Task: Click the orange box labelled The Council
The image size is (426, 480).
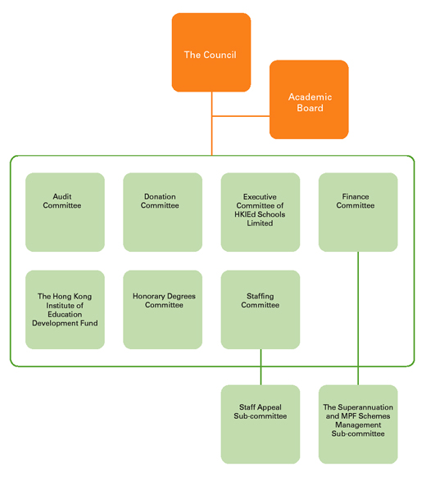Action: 211,52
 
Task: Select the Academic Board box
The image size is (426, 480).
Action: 309,100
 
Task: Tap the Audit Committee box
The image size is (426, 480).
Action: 65,212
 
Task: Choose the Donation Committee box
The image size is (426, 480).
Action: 162,212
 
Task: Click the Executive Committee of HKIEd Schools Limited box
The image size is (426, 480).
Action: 261,212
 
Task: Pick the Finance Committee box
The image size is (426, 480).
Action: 358,212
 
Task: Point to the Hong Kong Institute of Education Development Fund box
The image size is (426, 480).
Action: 65,309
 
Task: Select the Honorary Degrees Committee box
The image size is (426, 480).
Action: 162,309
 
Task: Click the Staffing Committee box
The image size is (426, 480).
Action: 261,309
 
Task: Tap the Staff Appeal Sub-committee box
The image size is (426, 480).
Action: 261,424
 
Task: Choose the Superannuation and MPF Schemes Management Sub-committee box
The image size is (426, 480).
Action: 358,424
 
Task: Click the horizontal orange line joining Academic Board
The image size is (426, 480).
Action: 241,116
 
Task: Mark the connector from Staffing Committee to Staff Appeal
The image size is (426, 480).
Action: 261,367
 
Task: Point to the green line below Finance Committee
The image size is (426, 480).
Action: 358,318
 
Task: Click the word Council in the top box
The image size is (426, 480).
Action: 220,55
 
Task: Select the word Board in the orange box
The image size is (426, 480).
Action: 310,108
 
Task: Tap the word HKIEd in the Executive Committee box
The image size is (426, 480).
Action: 245,214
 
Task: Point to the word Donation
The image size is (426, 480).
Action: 160,196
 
